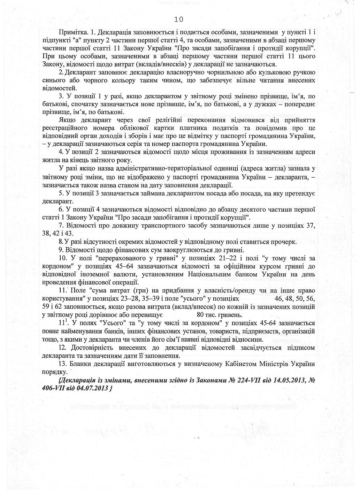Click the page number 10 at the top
pos(178,19)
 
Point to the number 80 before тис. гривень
pos(200,315)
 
